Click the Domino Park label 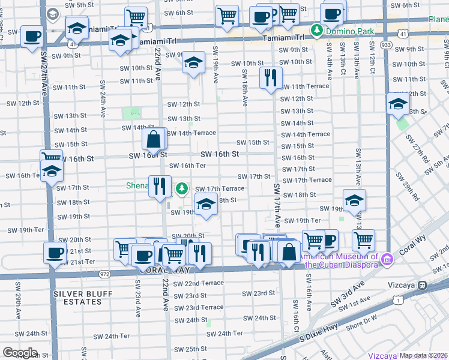tap(348, 29)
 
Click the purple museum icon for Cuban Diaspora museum tap(388, 259)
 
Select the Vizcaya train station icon tap(423, 284)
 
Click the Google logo tap(19, 353)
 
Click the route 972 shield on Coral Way tap(105, 273)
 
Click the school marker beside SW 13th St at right tap(397, 103)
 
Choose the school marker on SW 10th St tap(193, 62)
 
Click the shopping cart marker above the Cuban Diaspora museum tap(363, 239)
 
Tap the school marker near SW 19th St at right tap(354, 200)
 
